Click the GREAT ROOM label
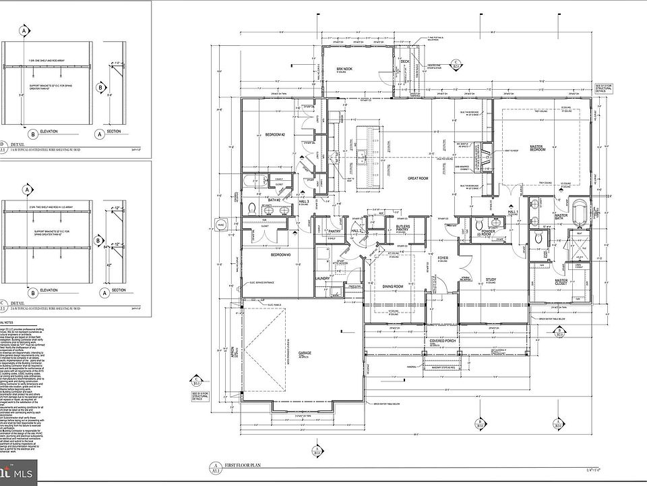[418, 179]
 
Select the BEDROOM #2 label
[274, 135]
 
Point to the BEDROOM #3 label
[280, 255]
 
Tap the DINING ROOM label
[393, 286]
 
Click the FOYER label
[443, 259]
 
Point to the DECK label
[404, 62]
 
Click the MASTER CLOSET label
[561, 281]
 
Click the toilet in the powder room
[477, 225]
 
